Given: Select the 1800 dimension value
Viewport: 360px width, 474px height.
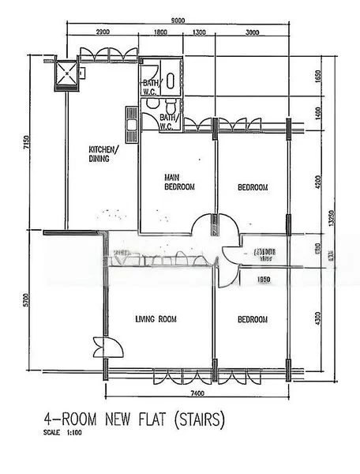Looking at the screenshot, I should point(160,33).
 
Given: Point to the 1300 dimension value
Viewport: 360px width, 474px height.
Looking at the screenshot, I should point(198,33).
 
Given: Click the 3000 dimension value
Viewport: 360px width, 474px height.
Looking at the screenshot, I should point(252,33).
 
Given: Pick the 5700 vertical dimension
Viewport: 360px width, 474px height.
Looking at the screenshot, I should point(26,300).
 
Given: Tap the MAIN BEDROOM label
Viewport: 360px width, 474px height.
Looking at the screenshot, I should point(179,182).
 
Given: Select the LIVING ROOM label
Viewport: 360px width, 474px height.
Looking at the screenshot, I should point(156,319).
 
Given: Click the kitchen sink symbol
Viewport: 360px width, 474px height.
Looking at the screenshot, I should point(131,120).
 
